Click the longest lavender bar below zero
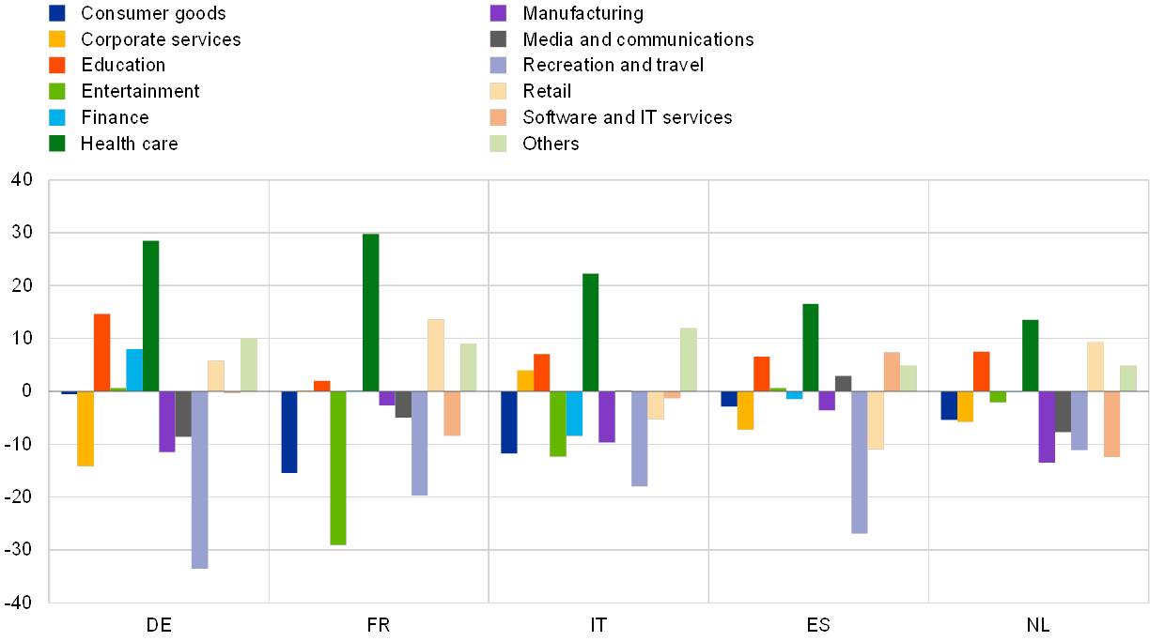tap(199, 480)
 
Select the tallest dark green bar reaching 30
tap(371, 312)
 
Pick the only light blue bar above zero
tap(134, 370)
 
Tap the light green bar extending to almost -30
tap(338, 467)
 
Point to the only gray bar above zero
tap(843, 383)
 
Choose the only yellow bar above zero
tap(525, 380)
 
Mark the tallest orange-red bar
tap(101, 352)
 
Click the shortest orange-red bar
tap(322, 385)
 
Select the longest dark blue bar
tap(289, 432)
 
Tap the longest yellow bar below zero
tap(85, 428)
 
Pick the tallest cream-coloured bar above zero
tap(436, 355)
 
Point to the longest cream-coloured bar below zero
tap(876, 420)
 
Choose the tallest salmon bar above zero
tap(892, 372)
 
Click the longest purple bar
tap(1047, 426)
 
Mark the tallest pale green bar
tap(689, 359)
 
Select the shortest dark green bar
tap(1031, 355)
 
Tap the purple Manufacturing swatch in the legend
tap(499, 13)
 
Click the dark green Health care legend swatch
tap(58, 144)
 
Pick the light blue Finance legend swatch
tap(58, 117)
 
